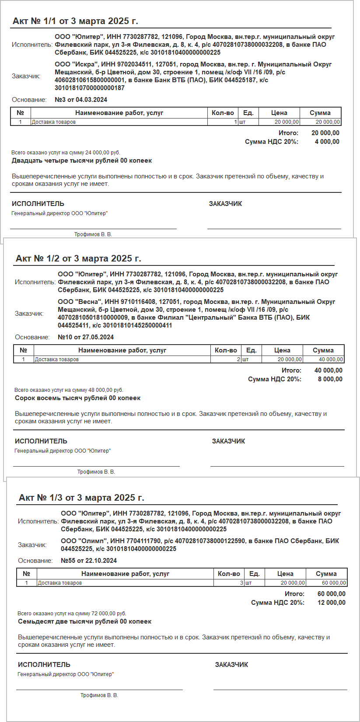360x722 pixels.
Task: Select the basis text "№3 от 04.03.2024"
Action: coord(81,100)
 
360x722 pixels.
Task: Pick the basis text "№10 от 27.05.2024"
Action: coord(86,337)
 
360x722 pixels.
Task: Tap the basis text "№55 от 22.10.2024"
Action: coord(89,561)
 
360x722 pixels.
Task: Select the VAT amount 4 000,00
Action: coord(327,142)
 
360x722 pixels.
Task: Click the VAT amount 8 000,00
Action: coord(330,379)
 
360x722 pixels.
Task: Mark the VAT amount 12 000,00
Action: coord(331,603)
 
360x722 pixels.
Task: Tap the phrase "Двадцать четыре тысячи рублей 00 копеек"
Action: coord(82,160)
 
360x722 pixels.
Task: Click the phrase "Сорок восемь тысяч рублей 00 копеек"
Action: coord(78,398)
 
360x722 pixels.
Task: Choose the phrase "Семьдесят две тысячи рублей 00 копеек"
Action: coord(85,621)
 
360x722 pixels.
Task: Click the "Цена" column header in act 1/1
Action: coord(279,113)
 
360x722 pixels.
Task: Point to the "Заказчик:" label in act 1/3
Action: coord(32,545)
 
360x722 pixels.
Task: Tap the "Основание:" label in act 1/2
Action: coord(32,337)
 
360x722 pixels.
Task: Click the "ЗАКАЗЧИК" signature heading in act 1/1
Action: coord(225,204)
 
